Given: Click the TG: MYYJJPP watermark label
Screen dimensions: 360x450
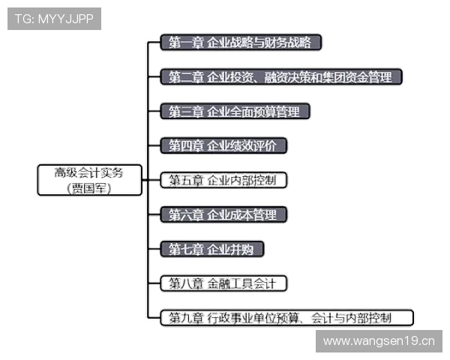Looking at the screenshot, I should pyautogui.click(x=54, y=19).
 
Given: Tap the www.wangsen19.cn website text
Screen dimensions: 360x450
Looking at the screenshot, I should pyautogui.click(x=378, y=341).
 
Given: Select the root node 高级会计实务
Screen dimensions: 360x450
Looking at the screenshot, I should pyautogui.click(x=90, y=180).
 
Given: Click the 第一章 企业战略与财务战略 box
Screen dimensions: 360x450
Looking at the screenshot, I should pyautogui.click(x=241, y=42).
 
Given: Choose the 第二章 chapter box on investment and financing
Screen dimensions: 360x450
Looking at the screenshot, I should pyautogui.click(x=282, y=77).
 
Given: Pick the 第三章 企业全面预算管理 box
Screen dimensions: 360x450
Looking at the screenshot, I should pyautogui.click(x=235, y=112).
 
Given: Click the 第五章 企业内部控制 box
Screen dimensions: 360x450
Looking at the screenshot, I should pyautogui.click(x=223, y=181).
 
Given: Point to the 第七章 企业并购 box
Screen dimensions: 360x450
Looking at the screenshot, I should pyautogui.click(x=214, y=249).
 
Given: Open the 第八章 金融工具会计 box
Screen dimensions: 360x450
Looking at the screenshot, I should pyautogui.click(x=223, y=283).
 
